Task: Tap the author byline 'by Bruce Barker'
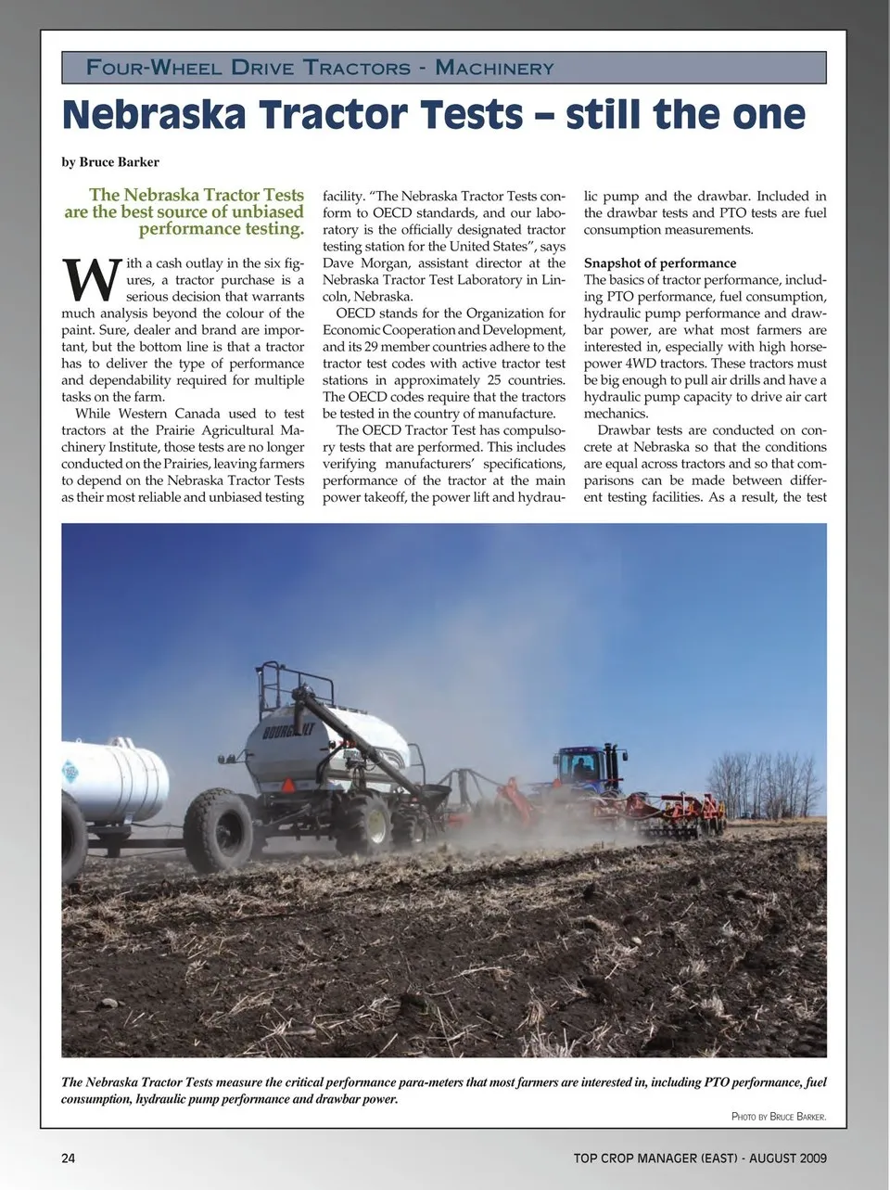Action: pos(110,162)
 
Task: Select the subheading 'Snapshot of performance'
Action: pos(660,263)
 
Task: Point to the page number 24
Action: pos(69,1158)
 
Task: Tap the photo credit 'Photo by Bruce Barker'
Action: pos(778,1117)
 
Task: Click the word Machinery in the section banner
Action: pos(494,68)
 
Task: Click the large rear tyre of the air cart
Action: pos(219,828)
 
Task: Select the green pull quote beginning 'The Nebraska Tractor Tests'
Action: pos(184,211)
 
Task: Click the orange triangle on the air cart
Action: pos(287,786)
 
